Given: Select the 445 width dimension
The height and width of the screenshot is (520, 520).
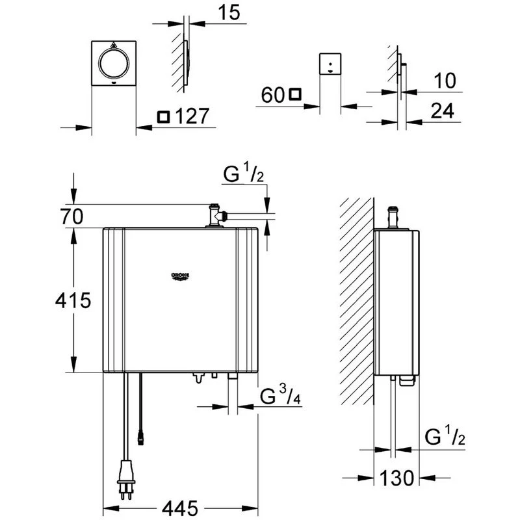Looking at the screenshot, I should [x=180, y=506].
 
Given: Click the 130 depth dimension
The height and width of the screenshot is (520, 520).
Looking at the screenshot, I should [x=396, y=479].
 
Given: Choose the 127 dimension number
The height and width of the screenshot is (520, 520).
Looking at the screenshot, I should [x=192, y=117].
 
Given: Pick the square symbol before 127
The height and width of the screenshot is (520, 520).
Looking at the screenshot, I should [x=164, y=117].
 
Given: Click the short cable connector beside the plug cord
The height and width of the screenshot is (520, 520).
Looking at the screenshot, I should [x=140, y=437].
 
